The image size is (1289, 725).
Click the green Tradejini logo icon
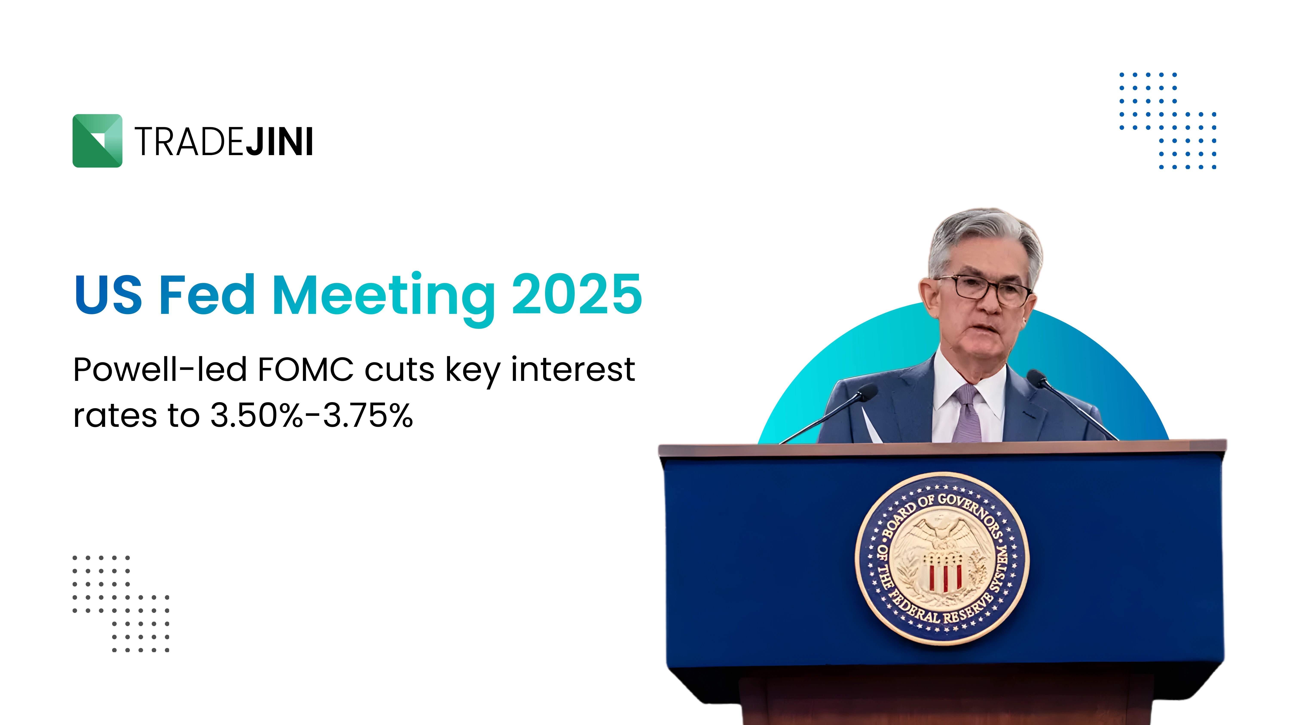pyautogui.click(x=97, y=141)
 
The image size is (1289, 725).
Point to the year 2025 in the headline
pyautogui.click(x=577, y=294)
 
